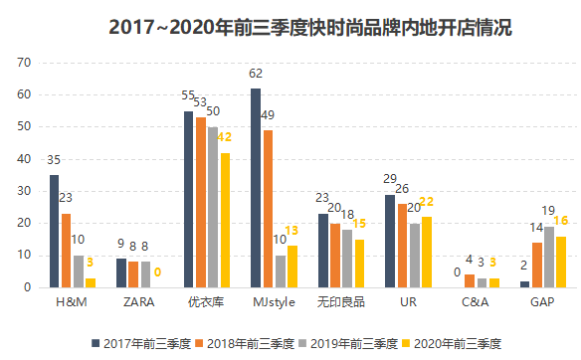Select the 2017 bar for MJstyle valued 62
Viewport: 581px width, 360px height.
[256, 188]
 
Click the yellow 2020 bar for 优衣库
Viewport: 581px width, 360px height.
[224, 220]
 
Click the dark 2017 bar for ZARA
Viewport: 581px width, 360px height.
[121, 272]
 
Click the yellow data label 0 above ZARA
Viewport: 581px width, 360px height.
[157, 271]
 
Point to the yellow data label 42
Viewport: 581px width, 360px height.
[224, 137]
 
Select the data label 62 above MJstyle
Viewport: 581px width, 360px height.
[256, 74]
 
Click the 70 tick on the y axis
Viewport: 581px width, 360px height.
[26, 63]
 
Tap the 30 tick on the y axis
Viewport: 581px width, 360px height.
[26, 191]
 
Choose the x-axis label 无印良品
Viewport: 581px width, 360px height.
[341, 301]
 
